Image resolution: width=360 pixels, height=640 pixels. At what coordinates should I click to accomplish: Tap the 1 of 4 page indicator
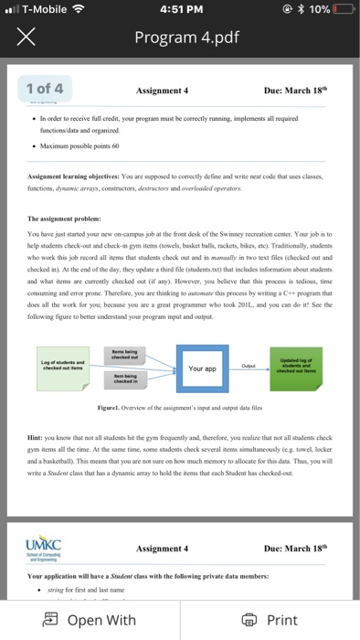coord(45,89)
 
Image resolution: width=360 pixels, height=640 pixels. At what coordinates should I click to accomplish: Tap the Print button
coord(270,620)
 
